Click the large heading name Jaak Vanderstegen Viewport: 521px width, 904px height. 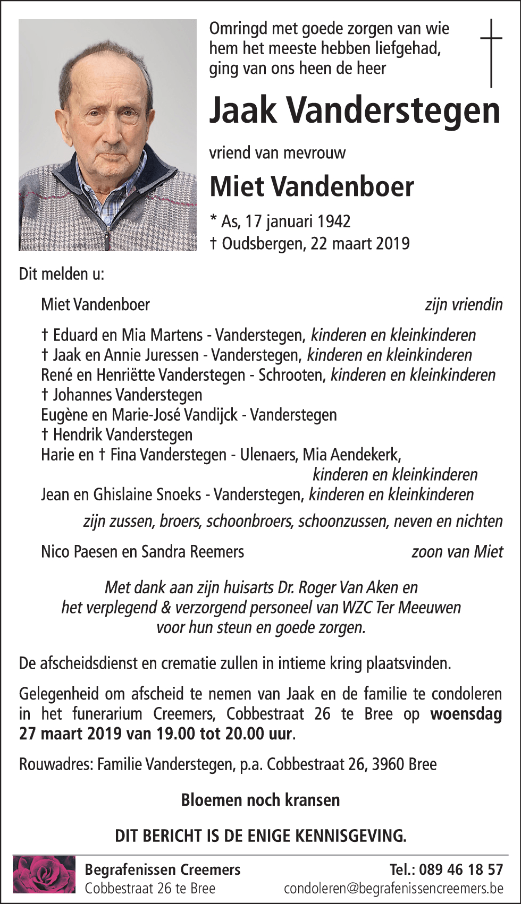tap(355, 110)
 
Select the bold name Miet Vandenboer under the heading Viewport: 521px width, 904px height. tap(312, 186)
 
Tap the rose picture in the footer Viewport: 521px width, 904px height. tap(44, 874)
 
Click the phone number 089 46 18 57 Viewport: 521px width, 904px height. tap(460, 869)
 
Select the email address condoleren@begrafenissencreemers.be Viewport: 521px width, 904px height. tap(393, 888)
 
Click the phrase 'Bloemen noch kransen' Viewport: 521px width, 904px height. tap(260, 800)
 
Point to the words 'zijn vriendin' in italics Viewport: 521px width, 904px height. tap(464, 305)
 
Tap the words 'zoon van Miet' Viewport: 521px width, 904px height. tap(457, 552)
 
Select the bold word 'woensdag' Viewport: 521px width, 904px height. tap(466, 714)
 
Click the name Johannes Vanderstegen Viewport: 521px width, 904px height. tap(128, 395)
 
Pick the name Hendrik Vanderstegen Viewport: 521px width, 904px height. tap(123, 435)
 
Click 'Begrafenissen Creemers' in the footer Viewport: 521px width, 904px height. tap(163, 869)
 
